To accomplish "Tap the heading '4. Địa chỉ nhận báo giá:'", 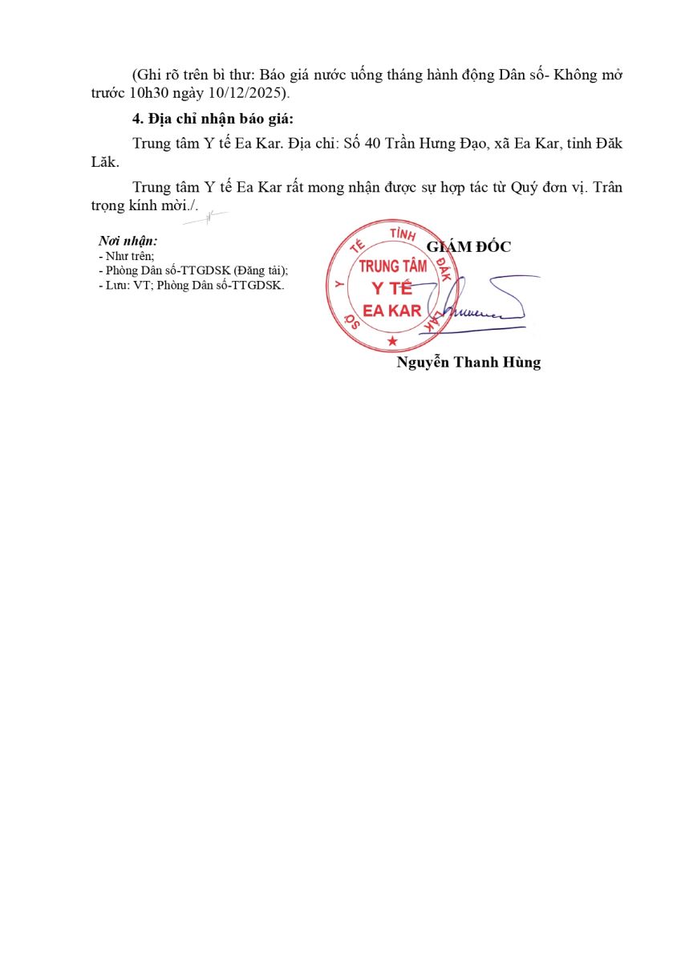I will point(213,120).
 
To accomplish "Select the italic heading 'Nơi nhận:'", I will point(128,241).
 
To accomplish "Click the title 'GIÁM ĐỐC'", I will point(468,246).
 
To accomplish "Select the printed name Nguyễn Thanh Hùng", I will point(468,362).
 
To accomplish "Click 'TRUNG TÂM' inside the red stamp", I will point(393,266).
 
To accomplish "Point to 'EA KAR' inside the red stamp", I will point(392,310).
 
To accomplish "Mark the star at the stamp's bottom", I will point(392,342).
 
